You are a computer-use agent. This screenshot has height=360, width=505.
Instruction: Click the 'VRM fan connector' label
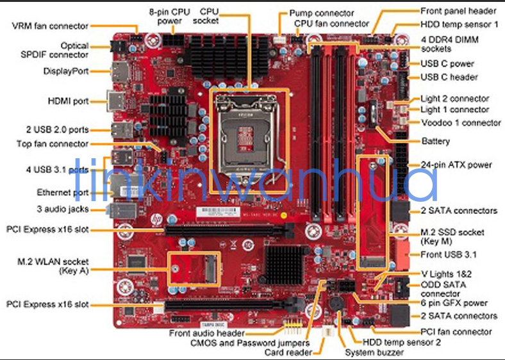(x=50, y=26)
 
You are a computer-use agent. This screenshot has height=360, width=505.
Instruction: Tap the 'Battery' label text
(x=435, y=141)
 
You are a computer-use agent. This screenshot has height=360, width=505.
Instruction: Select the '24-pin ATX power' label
(x=456, y=165)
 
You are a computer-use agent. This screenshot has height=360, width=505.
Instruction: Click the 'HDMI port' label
(x=67, y=101)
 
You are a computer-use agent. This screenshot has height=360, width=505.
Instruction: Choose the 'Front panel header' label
(x=458, y=11)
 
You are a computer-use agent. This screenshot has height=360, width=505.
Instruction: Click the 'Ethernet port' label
(x=63, y=192)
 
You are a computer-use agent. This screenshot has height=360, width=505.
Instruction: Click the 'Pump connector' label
(x=321, y=13)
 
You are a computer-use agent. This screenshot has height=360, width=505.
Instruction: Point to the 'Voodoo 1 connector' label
(x=461, y=122)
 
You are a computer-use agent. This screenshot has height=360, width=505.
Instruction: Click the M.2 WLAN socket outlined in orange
(x=193, y=268)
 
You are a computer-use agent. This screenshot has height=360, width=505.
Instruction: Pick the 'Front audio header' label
(x=206, y=333)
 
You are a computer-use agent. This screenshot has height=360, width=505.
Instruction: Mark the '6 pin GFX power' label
(x=454, y=303)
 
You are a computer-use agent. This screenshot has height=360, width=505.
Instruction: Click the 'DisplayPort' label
(x=66, y=71)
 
